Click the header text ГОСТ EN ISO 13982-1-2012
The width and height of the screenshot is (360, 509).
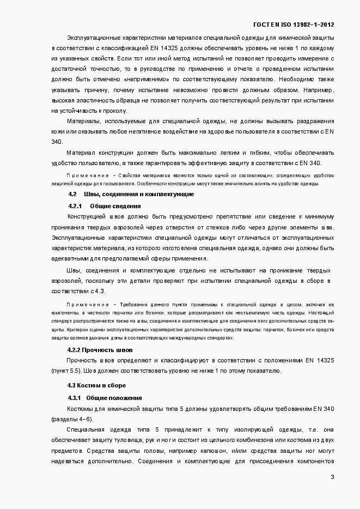click(294, 25)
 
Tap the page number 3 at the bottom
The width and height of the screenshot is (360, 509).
click(332, 477)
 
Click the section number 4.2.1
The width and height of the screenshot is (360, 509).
click(75, 206)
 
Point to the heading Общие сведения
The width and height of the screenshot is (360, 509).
click(115, 206)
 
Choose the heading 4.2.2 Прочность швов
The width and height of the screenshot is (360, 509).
click(100, 350)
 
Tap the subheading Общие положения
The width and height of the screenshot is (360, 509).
click(114, 398)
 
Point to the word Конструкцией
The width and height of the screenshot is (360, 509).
click(87, 216)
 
